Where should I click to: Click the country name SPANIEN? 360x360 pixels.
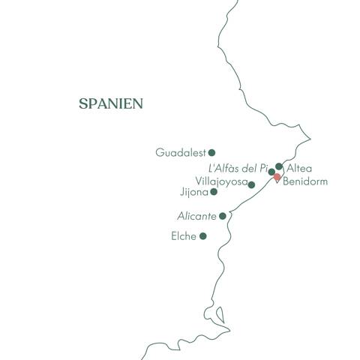click(110, 103)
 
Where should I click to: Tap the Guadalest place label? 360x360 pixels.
click(180, 153)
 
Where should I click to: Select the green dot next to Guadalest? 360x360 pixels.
click(211, 152)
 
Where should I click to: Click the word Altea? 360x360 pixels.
click(299, 168)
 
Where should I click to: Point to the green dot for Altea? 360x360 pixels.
click(279, 166)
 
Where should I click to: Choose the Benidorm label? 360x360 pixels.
click(305, 181)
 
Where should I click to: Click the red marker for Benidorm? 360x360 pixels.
click(277, 178)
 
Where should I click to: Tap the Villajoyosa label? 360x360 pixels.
click(220, 181)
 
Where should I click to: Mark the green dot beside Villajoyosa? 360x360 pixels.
click(251, 184)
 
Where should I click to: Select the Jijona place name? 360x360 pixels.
click(193, 192)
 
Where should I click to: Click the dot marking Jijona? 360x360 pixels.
click(214, 192)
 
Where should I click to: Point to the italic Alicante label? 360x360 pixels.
click(196, 216)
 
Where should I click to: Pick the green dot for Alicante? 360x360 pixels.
click(222, 216)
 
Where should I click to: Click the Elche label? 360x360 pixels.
click(184, 236)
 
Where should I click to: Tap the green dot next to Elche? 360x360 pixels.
click(202, 236)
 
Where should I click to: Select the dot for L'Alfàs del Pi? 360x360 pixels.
click(271, 172)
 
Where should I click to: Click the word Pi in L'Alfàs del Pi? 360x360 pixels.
click(262, 168)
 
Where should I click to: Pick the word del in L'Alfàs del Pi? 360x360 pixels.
click(247, 168)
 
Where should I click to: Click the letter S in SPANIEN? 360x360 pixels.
click(82, 103)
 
